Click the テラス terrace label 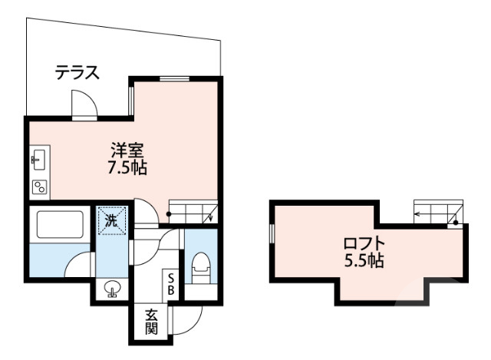click(77, 74)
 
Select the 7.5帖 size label click(127, 167)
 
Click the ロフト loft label click(364, 245)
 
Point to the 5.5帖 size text click(364, 261)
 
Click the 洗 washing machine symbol click(112, 219)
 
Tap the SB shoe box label click(172, 285)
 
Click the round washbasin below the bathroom click(113, 289)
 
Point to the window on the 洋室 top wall click(174, 79)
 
